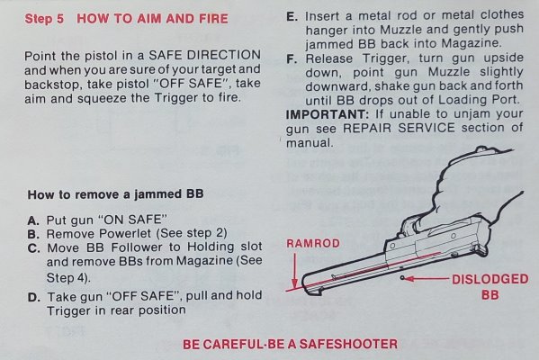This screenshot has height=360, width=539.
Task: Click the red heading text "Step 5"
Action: pos(44,19)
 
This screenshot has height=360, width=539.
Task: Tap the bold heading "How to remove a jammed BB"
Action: pos(115,194)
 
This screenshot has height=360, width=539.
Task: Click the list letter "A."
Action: pos(33,220)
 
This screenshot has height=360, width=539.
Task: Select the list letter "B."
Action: pos(33,234)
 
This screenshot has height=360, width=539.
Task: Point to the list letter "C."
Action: pos(33,247)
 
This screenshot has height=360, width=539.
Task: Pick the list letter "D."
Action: pos(33,297)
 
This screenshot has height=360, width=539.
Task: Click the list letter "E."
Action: pos(292,16)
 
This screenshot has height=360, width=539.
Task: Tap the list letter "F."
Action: pos(292,59)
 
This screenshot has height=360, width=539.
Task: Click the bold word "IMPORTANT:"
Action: pos(328,114)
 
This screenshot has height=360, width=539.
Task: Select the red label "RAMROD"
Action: pos(313,243)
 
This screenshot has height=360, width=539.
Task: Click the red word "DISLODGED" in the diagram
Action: pos(490,279)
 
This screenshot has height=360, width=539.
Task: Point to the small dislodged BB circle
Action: pos(402,277)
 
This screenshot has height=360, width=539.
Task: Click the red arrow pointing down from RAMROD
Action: pos(294,271)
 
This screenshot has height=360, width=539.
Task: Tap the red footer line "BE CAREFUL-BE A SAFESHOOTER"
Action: pos(290,344)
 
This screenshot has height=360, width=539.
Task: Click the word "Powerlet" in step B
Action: pos(124,234)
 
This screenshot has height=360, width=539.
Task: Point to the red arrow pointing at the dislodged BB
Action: pos(427,278)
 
